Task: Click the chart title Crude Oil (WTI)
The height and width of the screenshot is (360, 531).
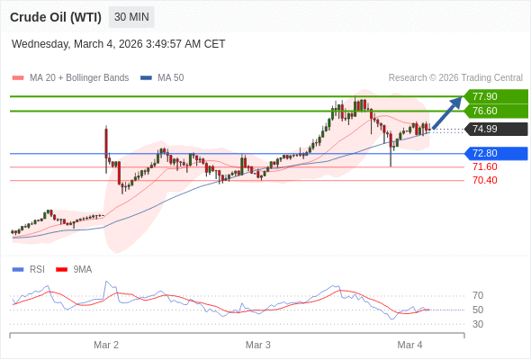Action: pyautogui.click(x=56, y=17)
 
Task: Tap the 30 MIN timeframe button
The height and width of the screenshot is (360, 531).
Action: pyautogui.click(x=131, y=17)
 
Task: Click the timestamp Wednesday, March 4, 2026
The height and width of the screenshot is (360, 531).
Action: pyautogui.click(x=119, y=44)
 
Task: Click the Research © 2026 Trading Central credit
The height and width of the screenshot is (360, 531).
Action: pyautogui.click(x=455, y=78)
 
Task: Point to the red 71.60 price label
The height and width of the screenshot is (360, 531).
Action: pyautogui.click(x=484, y=166)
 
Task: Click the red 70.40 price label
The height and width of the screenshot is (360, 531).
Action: pyautogui.click(x=484, y=180)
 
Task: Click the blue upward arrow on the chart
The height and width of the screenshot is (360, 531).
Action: pyautogui.click(x=447, y=112)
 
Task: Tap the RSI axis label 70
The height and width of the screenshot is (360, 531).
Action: pyautogui.click(x=478, y=295)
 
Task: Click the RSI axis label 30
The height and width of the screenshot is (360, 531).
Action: pyautogui.click(x=478, y=324)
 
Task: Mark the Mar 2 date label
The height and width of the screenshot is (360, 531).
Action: pyautogui.click(x=106, y=345)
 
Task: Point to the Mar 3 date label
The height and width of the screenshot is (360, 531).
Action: pyautogui.click(x=258, y=345)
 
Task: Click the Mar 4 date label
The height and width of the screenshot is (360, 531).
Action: pyautogui.click(x=409, y=345)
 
